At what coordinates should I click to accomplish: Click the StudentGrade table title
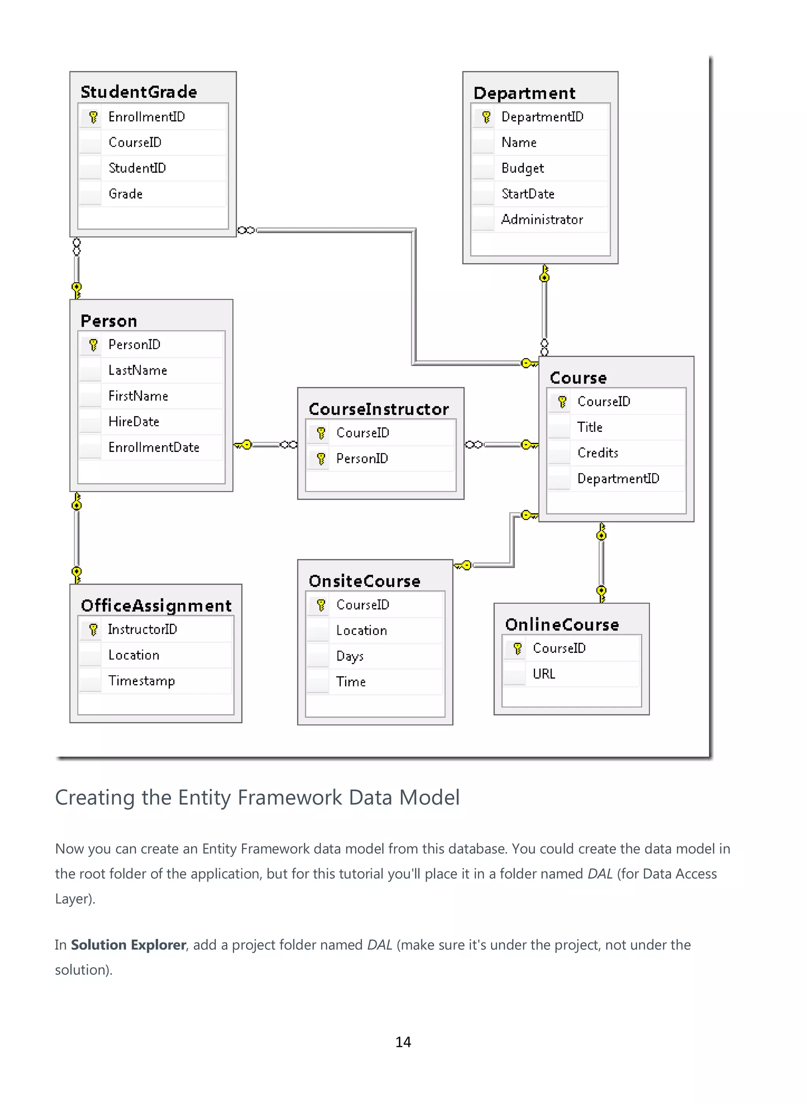(x=139, y=92)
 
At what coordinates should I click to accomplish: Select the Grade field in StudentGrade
(x=126, y=194)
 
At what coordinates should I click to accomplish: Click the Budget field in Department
(x=522, y=169)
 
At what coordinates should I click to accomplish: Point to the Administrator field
(x=542, y=220)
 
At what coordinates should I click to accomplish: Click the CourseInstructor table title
(x=379, y=409)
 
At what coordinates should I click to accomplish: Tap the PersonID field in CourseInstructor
(x=362, y=459)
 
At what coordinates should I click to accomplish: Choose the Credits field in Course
(x=597, y=453)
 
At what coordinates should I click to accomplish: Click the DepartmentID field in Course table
(x=618, y=479)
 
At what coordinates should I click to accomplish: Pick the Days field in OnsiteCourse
(x=350, y=656)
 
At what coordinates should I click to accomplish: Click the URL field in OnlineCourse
(x=544, y=674)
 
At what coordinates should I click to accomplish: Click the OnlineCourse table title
(x=562, y=625)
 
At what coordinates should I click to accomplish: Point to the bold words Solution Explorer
(x=128, y=945)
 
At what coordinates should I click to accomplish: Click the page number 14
(x=403, y=1042)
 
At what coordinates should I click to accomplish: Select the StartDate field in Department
(x=528, y=194)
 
